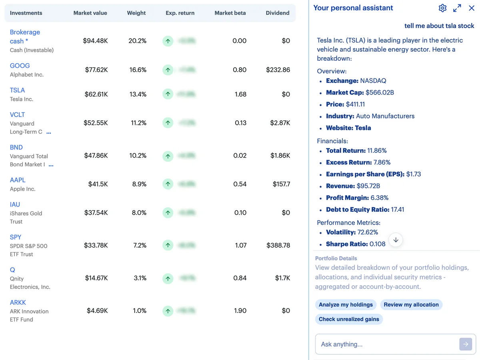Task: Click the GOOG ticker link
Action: (20, 66)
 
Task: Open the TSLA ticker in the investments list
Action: (17, 90)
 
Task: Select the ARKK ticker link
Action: (18, 302)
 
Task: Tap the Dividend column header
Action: (277, 13)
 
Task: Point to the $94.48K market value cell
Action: (95, 41)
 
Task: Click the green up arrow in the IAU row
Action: (168, 213)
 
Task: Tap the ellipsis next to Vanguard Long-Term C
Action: (49, 132)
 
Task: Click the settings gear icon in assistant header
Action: (442, 8)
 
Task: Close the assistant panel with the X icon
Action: (472, 8)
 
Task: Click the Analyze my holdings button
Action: (346, 304)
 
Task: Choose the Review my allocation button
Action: (411, 304)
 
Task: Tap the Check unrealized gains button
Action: (349, 319)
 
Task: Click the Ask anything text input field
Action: (386, 344)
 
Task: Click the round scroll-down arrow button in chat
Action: (396, 240)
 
